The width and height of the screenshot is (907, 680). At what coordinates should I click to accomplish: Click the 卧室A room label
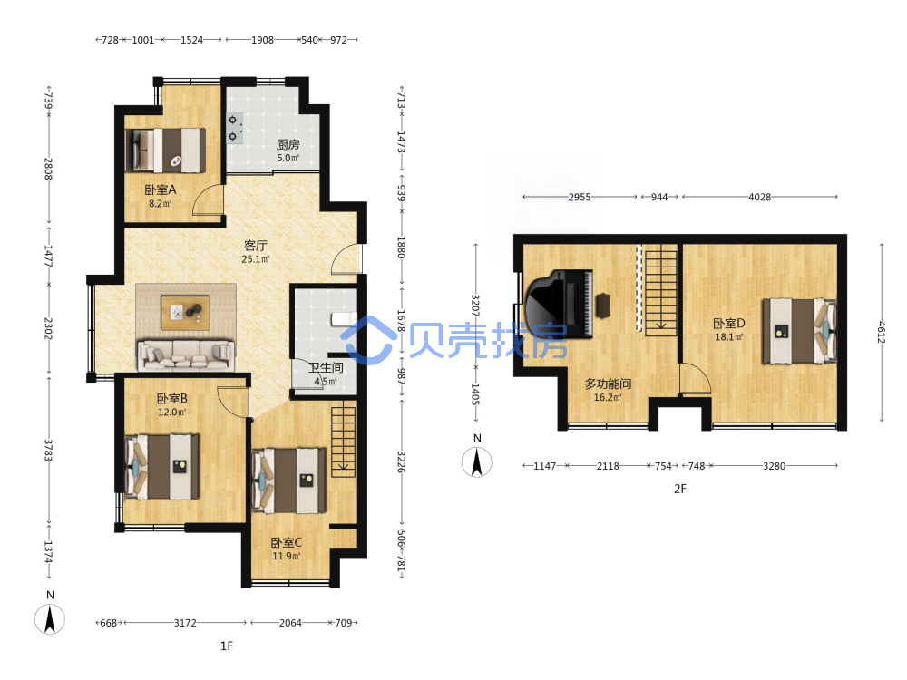coord(161,189)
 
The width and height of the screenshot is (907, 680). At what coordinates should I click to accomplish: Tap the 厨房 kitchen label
coord(288,144)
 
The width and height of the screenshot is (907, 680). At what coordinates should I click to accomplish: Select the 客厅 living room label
coord(255,246)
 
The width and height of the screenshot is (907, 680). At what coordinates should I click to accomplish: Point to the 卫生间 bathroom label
coord(326,368)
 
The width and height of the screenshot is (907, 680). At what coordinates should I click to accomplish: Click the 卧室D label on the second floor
coord(729,324)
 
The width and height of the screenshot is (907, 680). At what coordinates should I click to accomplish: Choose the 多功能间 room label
coord(608,384)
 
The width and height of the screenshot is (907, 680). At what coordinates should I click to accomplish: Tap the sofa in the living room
coord(186,355)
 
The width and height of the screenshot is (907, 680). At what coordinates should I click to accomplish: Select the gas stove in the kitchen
coord(234,128)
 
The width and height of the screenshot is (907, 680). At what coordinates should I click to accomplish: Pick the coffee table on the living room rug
coord(185,312)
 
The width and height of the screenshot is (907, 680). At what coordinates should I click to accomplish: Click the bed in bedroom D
coord(799,331)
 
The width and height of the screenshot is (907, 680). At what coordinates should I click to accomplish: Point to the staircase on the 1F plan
coord(343,442)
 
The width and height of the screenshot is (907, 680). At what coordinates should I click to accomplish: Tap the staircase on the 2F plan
coord(660,290)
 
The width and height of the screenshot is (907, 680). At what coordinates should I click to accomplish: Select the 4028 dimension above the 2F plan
coord(759,197)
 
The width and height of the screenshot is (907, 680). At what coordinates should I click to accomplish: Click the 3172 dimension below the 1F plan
coord(185,623)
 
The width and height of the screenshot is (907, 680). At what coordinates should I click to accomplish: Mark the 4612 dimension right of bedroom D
coord(881,333)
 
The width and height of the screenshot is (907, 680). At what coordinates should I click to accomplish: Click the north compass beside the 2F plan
coord(477,461)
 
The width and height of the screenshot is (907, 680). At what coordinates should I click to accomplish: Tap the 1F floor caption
coord(226,646)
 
